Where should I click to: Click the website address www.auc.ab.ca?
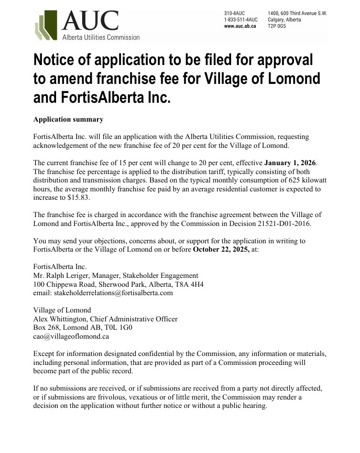coord(240,25)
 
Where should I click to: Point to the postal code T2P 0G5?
coord(278,25)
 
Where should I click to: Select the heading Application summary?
coord(68,120)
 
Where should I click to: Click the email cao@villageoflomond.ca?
coord(71,336)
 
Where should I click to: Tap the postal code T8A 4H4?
coord(187,284)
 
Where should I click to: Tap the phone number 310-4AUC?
coord(234,13)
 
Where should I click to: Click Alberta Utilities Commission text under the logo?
coord(101,37)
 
